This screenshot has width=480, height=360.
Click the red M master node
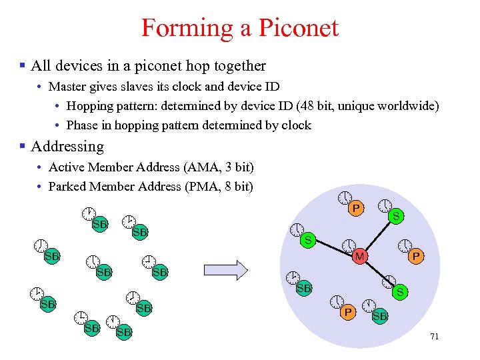[x=359, y=256]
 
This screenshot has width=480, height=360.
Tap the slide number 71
[x=435, y=337]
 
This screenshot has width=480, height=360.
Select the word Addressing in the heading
[x=67, y=146]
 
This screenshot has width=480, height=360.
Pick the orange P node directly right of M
[x=415, y=255]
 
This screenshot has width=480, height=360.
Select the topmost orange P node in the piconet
[x=356, y=209]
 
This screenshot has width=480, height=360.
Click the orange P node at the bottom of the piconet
[x=347, y=311]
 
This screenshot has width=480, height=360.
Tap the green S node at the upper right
[x=396, y=216]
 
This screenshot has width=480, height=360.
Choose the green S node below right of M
[x=399, y=292]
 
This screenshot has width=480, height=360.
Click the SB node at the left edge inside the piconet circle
[x=304, y=288]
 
